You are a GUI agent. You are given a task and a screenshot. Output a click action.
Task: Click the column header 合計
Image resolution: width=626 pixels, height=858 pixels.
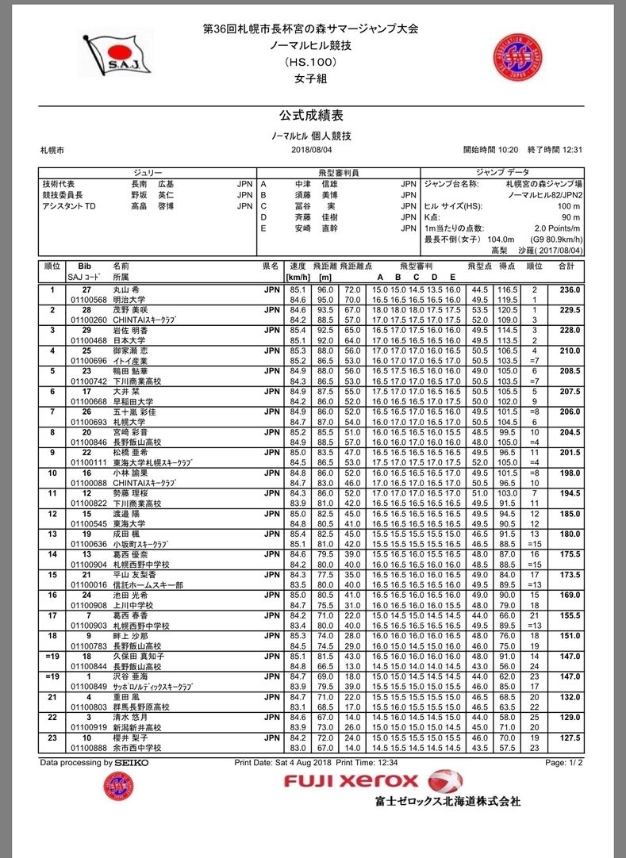coord(567,266)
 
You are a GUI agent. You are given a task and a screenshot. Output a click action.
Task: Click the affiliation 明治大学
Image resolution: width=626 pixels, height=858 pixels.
coord(132,300)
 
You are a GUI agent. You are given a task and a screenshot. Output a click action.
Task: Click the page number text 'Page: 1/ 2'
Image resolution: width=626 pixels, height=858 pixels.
coord(565,763)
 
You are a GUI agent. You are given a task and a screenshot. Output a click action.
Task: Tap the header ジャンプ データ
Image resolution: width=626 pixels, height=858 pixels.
coord(503,171)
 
